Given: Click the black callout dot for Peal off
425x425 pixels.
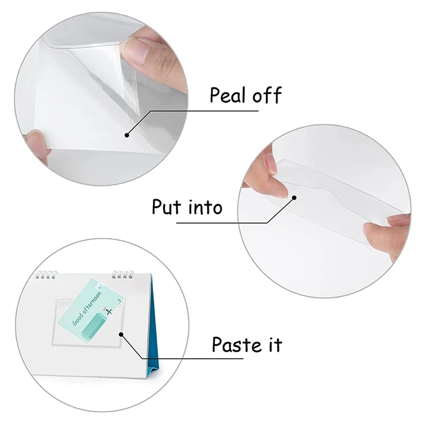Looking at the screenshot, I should (127, 134).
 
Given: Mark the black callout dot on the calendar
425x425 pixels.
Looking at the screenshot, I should (121, 335).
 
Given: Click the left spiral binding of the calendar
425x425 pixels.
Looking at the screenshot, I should (45, 276).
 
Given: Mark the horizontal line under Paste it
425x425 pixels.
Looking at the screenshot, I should (223, 359).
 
